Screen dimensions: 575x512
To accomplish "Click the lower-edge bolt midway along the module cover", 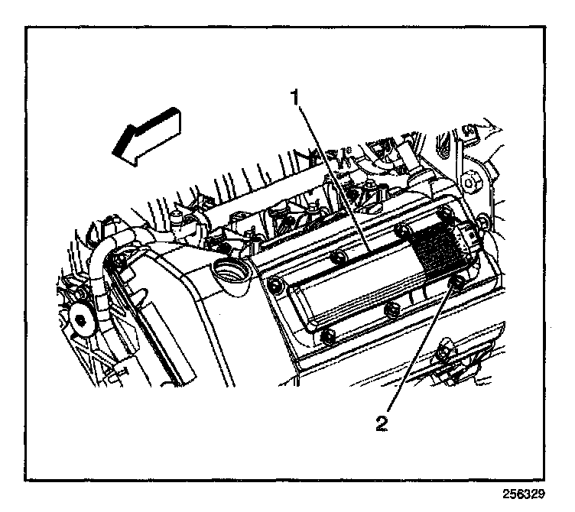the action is coord(392,309).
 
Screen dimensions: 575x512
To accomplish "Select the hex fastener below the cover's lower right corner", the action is coord(444,355).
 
